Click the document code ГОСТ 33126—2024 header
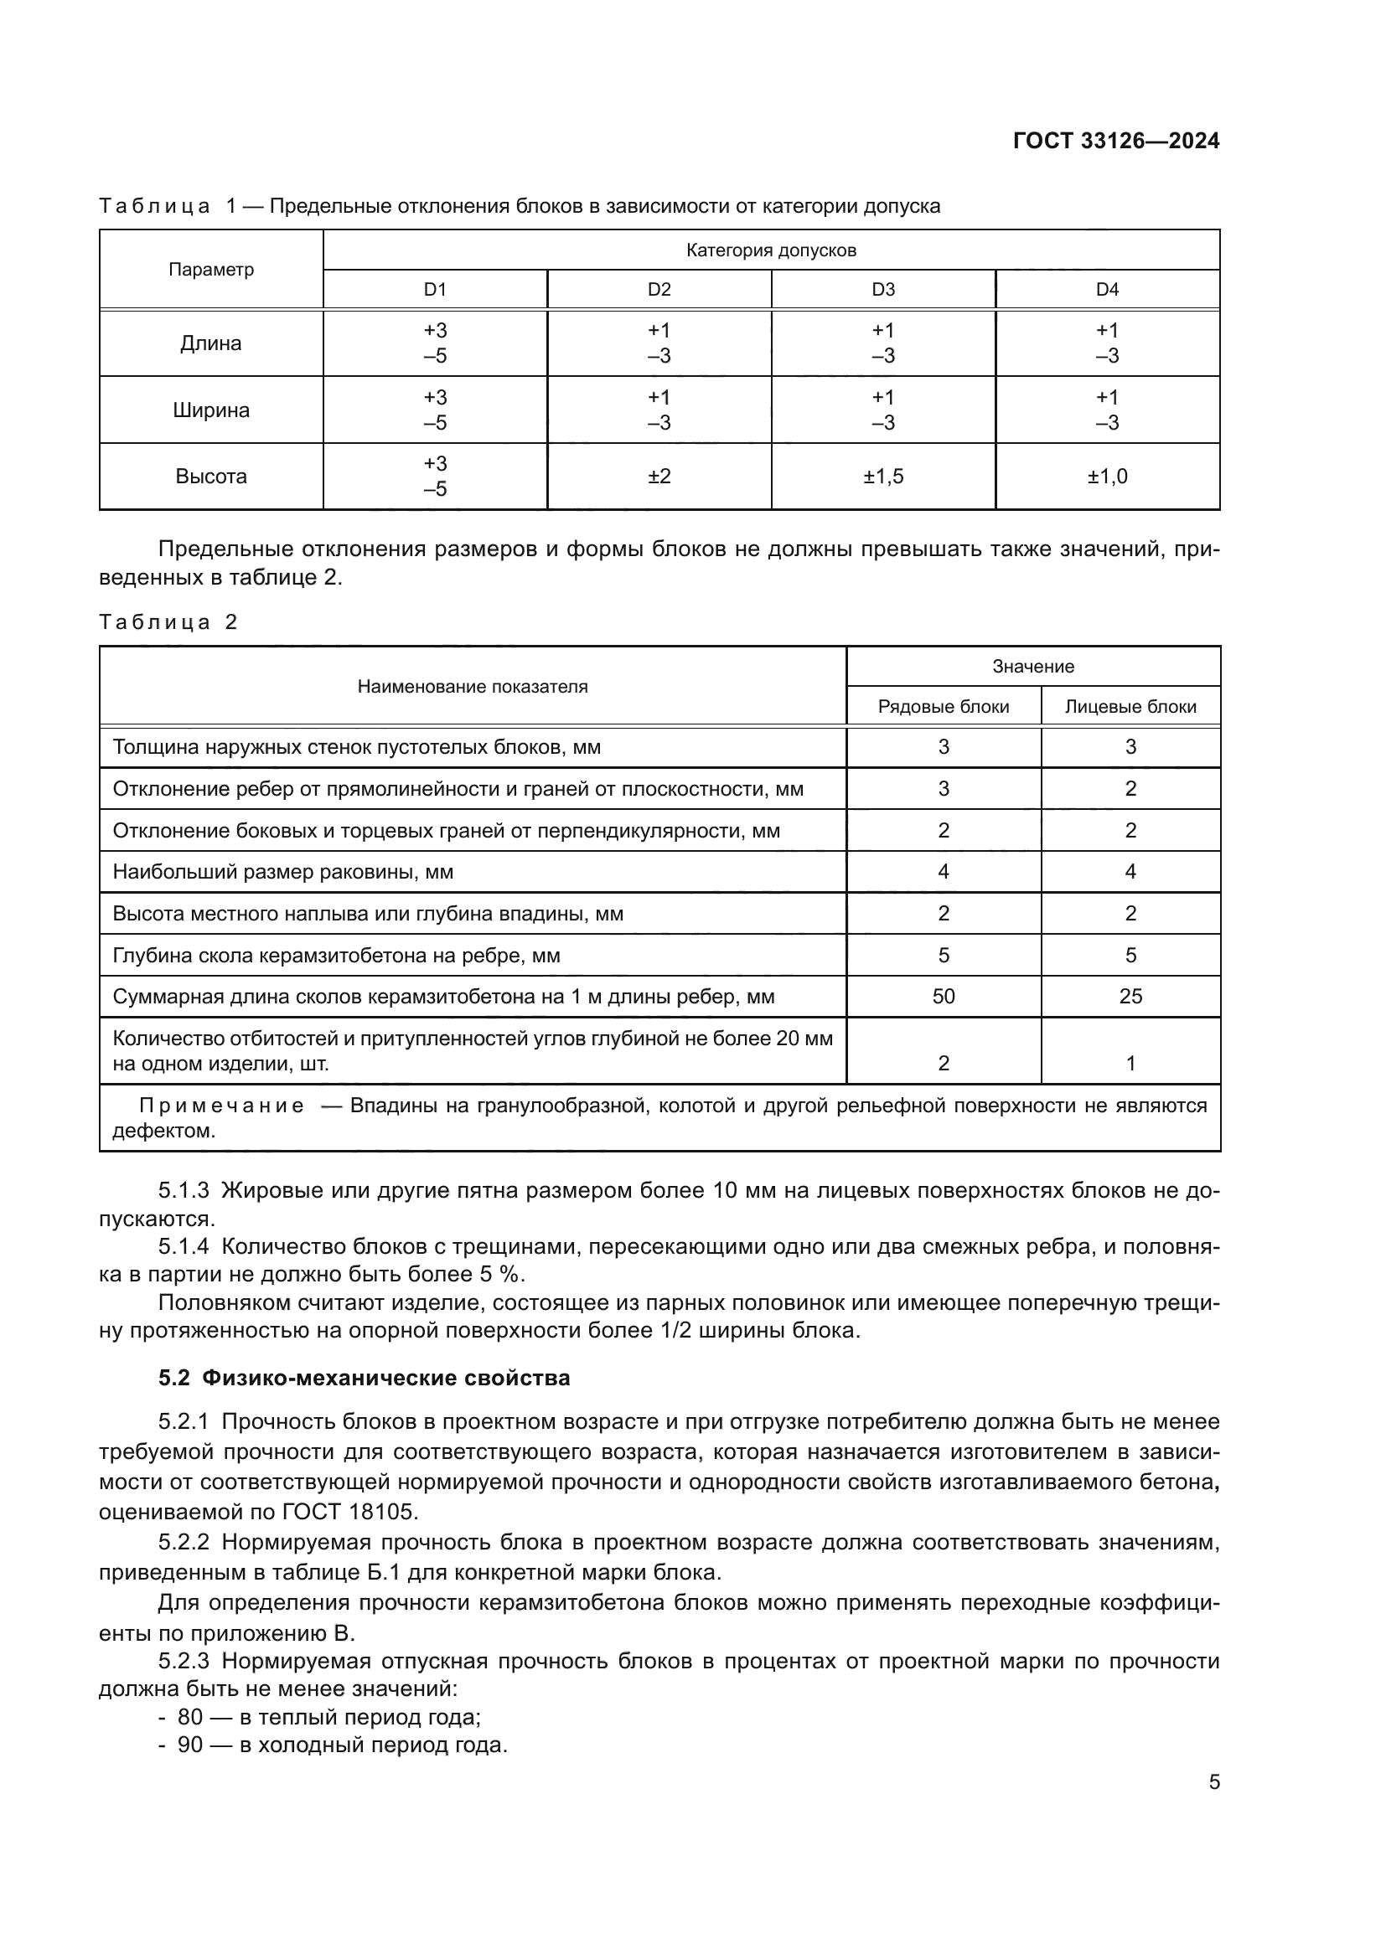click(1115, 141)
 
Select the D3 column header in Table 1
click(882, 289)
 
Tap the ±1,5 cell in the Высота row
click(882, 476)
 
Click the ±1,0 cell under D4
click(1107, 476)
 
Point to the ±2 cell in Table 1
click(659, 476)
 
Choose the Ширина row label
click(211, 410)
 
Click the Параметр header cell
click(211, 270)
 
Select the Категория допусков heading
click(771, 250)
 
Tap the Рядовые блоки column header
click(943, 707)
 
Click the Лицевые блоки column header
click(1130, 707)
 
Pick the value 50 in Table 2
click(943, 997)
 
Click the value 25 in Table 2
click(1130, 997)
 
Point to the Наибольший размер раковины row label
click(282, 872)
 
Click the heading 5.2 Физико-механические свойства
click(365, 1378)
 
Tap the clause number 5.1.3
click(184, 1190)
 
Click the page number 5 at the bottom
click(1213, 1782)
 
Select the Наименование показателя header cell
click(472, 687)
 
